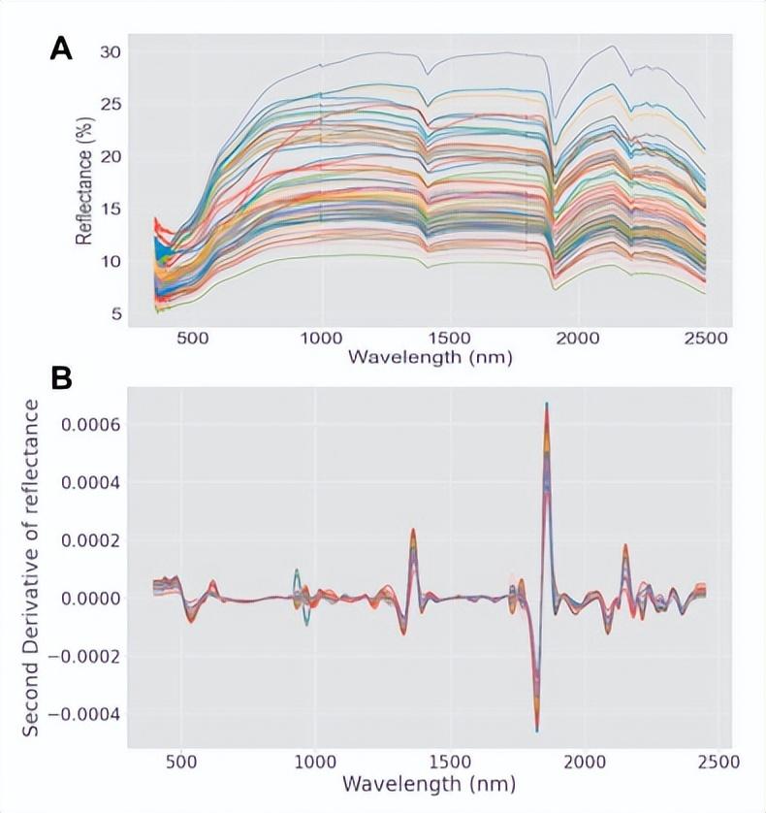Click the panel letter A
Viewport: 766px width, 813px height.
point(61,49)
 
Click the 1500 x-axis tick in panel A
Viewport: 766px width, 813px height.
point(449,337)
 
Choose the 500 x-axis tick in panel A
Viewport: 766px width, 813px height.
point(194,337)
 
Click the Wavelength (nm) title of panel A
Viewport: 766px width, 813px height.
point(430,358)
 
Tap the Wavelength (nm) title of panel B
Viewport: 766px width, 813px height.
point(430,782)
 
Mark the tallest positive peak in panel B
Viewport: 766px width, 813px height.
point(547,405)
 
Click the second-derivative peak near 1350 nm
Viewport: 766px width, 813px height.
point(413,530)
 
